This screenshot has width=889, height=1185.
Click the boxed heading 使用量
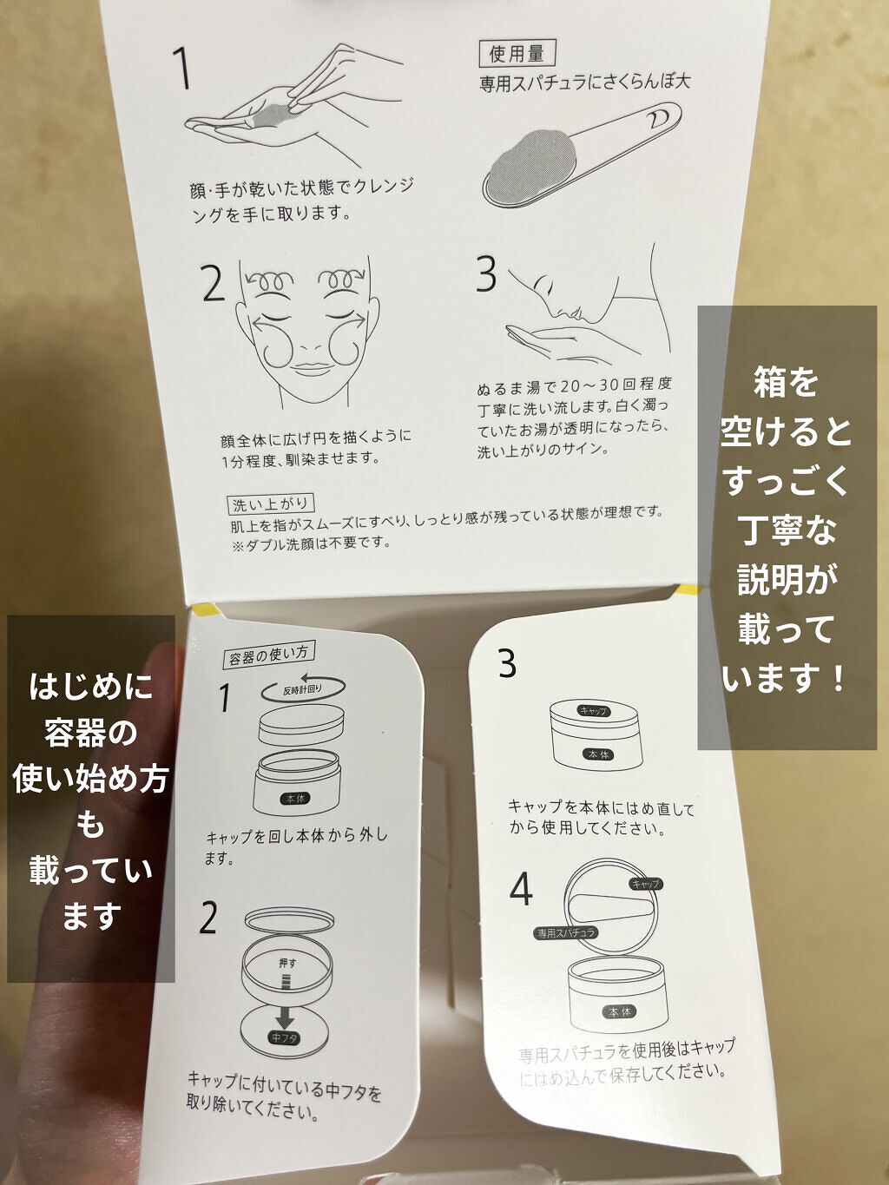click(517, 54)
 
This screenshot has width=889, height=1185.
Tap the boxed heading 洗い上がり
click(271, 504)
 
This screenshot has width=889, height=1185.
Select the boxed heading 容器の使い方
click(269, 654)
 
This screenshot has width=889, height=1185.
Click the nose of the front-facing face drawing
click(306, 345)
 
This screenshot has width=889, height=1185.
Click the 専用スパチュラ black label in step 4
click(566, 933)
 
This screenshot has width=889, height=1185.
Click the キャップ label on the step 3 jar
click(595, 711)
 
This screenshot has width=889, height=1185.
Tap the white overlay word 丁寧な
click(786, 530)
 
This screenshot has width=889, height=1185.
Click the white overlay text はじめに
click(90, 688)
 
